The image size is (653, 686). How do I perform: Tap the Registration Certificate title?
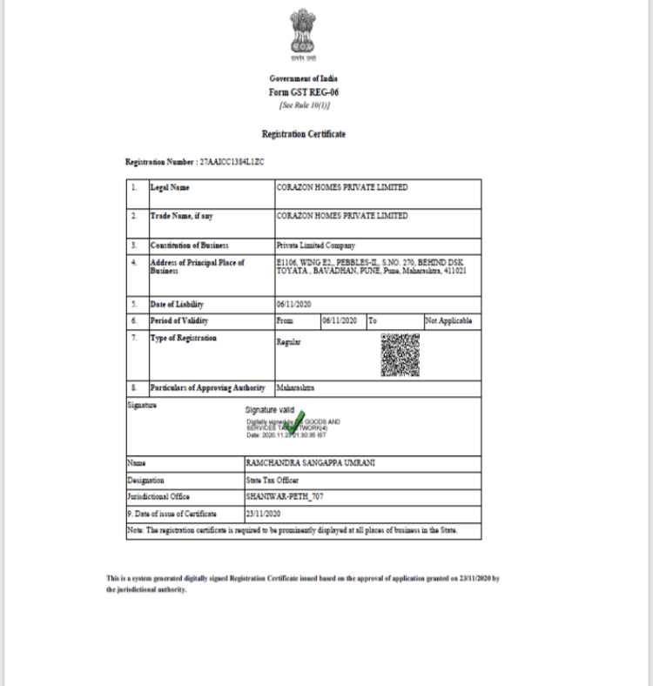(x=304, y=134)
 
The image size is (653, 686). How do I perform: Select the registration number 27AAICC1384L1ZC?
(x=231, y=163)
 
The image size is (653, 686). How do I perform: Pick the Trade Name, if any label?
(x=182, y=215)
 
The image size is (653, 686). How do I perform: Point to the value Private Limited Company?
(x=315, y=245)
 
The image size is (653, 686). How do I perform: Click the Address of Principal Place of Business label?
(x=197, y=266)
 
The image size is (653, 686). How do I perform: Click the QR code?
(x=400, y=354)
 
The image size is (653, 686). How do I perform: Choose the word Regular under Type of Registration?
(x=288, y=343)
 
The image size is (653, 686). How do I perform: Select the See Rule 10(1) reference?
(x=305, y=105)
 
